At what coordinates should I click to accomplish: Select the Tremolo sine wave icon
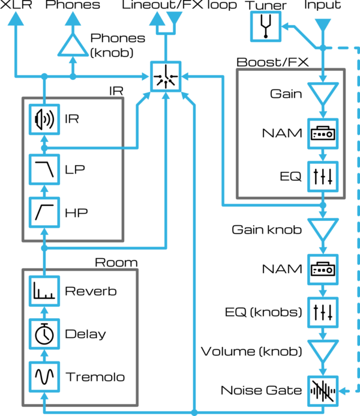(x=44, y=378)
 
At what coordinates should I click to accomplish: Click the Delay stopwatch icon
(x=44, y=334)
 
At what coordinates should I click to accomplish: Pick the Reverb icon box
(x=44, y=292)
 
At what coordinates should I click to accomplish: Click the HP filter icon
(x=44, y=213)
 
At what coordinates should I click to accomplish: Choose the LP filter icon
(x=44, y=169)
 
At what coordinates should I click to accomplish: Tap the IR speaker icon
(x=44, y=119)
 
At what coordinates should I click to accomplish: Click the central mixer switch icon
(x=164, y=76)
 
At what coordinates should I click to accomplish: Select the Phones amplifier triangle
(x=73, y=44)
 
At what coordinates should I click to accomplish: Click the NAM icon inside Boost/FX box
(x=323, y=133)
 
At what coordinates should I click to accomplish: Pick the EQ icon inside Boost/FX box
(x=323, y=176)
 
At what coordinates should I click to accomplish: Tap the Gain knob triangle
(x=323, y=229)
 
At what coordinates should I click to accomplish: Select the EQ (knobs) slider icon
(x=323, y=312)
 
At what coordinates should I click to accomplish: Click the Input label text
(x=323, y=5)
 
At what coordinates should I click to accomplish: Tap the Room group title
(x=116, y=262)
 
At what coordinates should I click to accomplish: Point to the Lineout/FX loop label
(x=179, y=5)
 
